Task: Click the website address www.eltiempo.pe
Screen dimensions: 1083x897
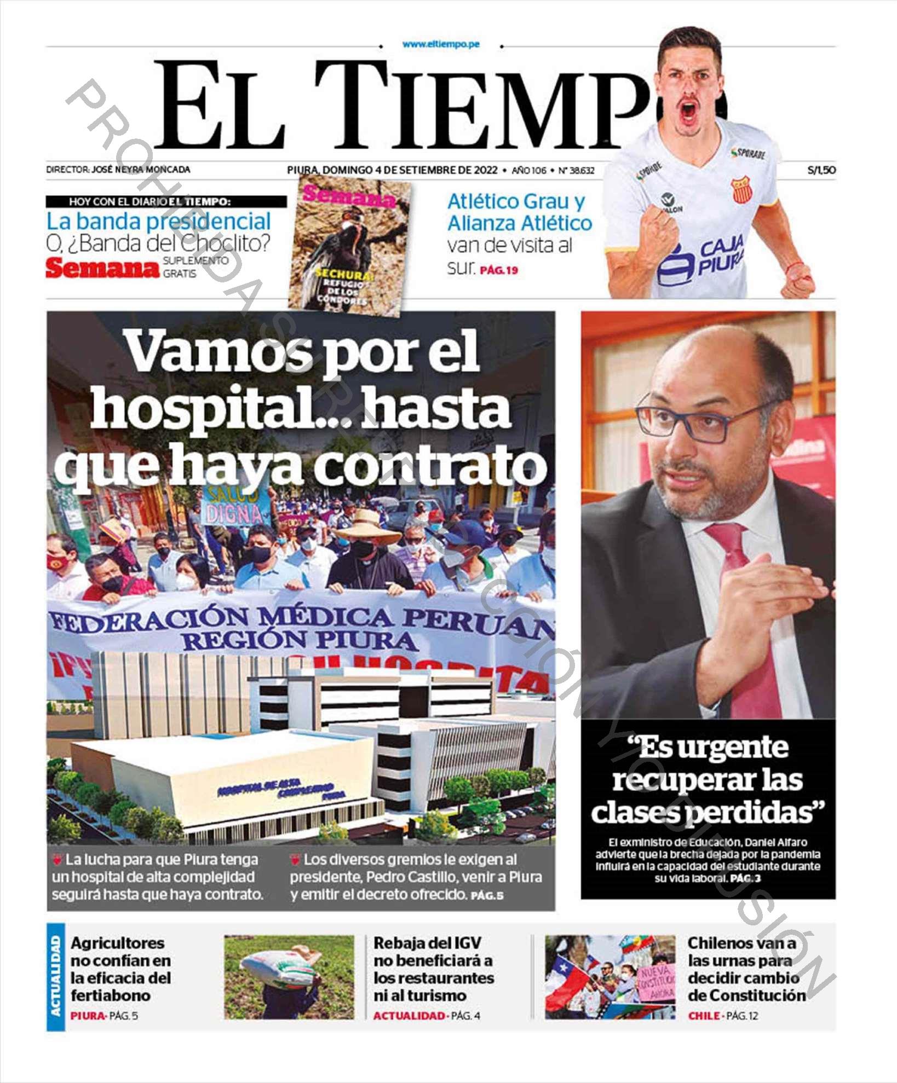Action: coord(441,44)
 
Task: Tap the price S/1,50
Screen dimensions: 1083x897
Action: coord(821,170)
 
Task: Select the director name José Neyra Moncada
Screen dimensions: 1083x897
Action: coord(141,170)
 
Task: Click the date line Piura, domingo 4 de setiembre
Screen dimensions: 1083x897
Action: coord(392,170)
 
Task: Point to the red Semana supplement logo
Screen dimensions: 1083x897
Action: coord(102,268)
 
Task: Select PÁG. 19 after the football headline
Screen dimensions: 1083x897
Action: coord(498,270)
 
